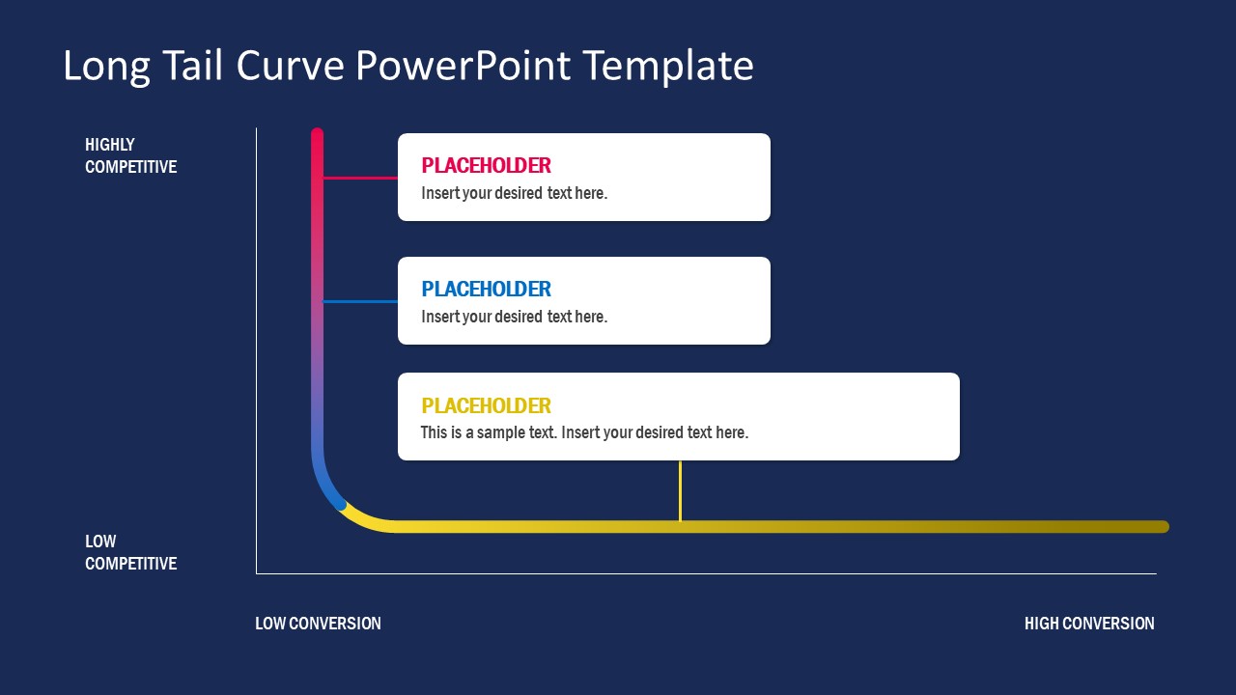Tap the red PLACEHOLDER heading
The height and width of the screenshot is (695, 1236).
(486, 165)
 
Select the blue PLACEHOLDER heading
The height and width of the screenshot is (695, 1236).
(486, 289)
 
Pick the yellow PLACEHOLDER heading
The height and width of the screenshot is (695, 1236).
(486, 405)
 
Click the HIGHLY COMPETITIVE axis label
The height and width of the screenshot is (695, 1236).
(130, 155)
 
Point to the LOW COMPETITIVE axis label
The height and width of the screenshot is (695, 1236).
(130, 552)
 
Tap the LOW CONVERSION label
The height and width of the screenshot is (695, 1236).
(318, 624)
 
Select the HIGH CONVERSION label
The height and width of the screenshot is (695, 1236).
(1088, 624)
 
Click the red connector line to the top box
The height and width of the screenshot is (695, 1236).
(360, 178)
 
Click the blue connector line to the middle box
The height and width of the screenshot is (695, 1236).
(360, 301)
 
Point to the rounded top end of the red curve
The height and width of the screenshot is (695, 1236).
(317, 134)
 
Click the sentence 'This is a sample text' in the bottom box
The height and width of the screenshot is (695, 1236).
(489, 432)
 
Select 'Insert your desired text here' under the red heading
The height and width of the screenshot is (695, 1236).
(514, 193)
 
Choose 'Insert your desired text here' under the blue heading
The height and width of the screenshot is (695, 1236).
(514, 317)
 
